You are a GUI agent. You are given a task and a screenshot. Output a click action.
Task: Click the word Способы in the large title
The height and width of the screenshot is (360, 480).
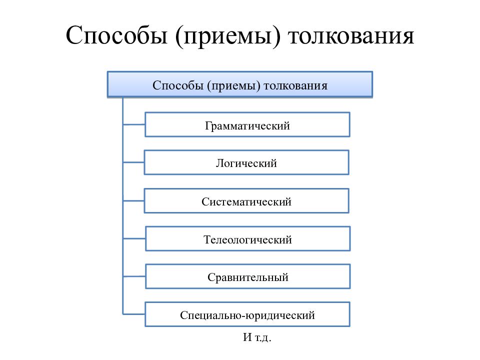pos(116,35)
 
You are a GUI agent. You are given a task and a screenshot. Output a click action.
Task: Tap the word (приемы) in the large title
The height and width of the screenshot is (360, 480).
pos(228,36)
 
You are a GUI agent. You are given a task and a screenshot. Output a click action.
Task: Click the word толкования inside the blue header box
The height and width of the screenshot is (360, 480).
pos(295,85)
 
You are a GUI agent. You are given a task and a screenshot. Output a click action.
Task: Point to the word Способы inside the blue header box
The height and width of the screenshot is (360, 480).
pos(178,85)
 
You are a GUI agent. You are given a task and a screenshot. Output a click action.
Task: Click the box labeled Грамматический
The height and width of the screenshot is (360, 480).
pos(247,124)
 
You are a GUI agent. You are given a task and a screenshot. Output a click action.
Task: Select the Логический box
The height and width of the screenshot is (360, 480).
pos(246,162)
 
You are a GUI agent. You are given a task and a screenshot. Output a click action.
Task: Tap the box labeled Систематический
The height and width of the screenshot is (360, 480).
pos(246,200)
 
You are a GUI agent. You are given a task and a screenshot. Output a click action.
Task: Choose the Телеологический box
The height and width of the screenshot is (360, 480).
pos(247,239)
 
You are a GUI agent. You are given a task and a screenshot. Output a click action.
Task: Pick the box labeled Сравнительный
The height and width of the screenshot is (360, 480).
pos(247,276)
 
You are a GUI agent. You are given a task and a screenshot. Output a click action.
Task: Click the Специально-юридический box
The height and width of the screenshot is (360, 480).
pos(247,314)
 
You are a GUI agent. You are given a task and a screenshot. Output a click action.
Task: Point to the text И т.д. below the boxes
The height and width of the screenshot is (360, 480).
pos(257,337)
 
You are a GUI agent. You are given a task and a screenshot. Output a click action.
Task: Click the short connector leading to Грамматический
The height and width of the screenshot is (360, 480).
pos(134,124)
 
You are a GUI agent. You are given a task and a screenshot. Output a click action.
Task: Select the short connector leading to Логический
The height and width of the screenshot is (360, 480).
pos(134,162)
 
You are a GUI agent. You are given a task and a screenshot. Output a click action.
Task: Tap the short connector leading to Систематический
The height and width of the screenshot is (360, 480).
pos(134,201)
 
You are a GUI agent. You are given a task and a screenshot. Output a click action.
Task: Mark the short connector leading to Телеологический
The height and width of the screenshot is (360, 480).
pos(134,238)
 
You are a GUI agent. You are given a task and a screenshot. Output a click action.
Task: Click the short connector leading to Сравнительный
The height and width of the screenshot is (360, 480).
pos(134,276)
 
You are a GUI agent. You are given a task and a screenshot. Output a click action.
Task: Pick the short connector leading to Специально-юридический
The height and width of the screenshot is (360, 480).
pos(134,314)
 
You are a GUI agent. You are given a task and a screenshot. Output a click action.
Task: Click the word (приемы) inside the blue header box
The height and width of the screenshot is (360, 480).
pos(233,86)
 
